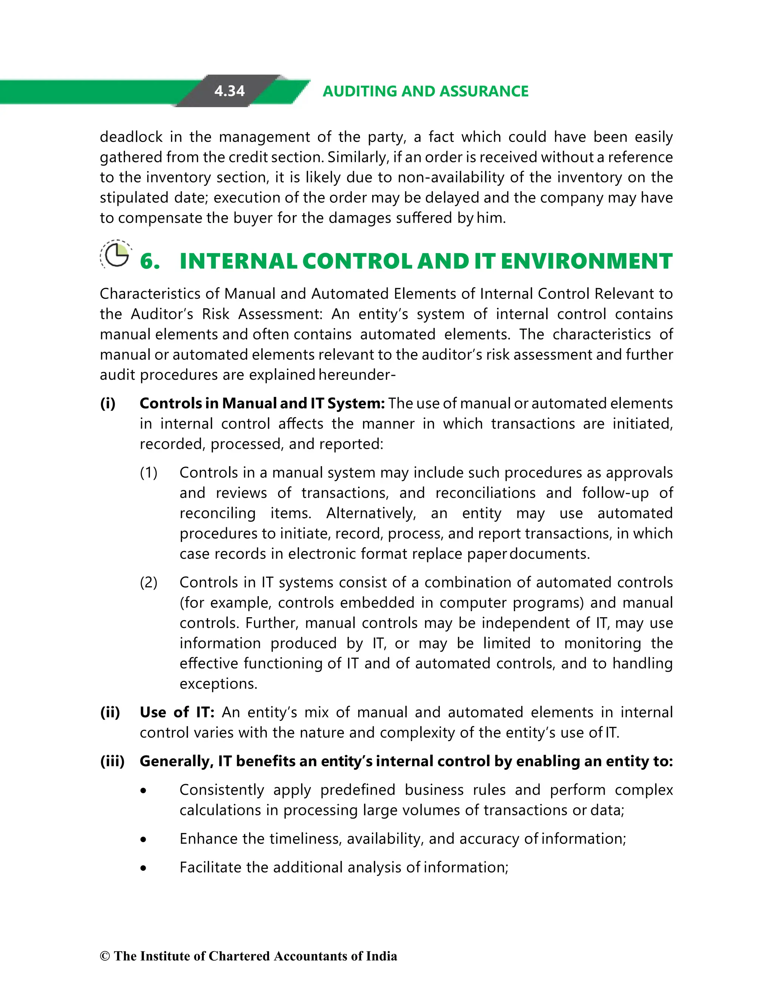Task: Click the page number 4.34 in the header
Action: tap(229, 91)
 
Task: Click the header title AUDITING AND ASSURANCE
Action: tap(425, 91)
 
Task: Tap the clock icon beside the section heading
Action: tap(116, 255)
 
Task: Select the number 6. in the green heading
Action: tap(150, 262)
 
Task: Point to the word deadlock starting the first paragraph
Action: tap(131, 137)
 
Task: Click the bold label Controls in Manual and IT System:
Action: tap(262, 403)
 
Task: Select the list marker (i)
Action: tap(108, 403)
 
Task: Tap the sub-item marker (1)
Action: tap(148, 473)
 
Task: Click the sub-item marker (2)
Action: tap(148, 582)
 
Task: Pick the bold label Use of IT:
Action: tap(177, 712)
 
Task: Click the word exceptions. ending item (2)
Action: tap(218, 684)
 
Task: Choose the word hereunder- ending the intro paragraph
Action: tap(357, 375)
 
